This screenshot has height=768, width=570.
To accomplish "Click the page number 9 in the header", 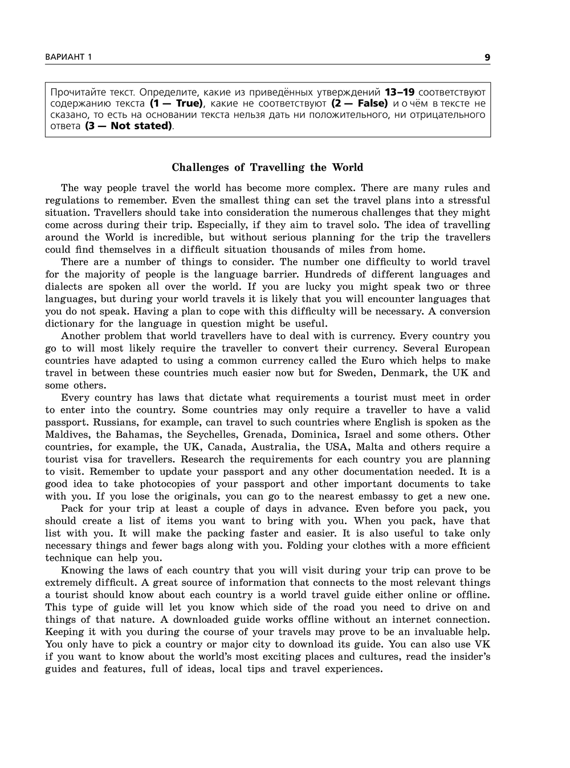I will coord(487,57).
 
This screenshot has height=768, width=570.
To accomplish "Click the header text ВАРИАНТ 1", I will coord(68,57).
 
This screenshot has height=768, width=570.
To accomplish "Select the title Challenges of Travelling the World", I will coord(267,167).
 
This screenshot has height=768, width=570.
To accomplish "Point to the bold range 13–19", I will coord(400,92).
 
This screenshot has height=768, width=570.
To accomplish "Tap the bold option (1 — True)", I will coord(176,104).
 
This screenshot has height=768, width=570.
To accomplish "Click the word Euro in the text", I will coord(373,361).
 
